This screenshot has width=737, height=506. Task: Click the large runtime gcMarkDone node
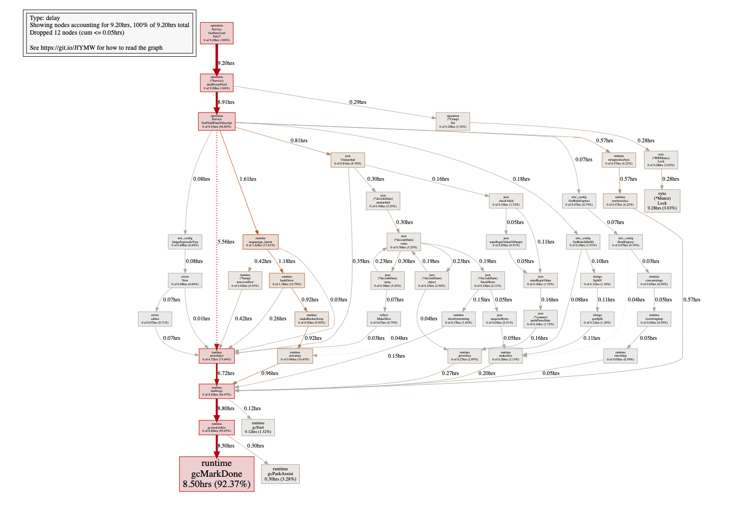(216, 474)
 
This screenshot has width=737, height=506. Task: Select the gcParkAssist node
(280, 474)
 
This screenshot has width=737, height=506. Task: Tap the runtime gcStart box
(258, 427)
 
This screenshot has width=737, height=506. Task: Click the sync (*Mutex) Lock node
(662, 200)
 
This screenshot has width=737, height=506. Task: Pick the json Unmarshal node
(347, 159)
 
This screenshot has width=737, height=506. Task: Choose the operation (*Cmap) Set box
(452, 121)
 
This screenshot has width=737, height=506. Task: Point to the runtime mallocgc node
(216, 391)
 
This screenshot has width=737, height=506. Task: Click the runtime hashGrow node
(287, 280)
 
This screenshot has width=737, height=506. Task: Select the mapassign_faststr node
(260, 241)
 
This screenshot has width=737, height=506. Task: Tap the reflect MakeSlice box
(384, 318)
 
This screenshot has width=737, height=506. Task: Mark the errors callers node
(155, 318)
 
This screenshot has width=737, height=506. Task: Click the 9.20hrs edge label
(226, 63)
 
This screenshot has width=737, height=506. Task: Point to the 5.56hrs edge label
(226, 242)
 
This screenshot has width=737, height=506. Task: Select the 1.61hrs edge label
(248, 179)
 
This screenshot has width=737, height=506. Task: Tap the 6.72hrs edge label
(226, 373)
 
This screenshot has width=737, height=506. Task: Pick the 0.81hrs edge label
(299, 141)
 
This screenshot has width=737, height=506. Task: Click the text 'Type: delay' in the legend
(45, 18)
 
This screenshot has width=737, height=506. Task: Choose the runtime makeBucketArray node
(312, 318)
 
